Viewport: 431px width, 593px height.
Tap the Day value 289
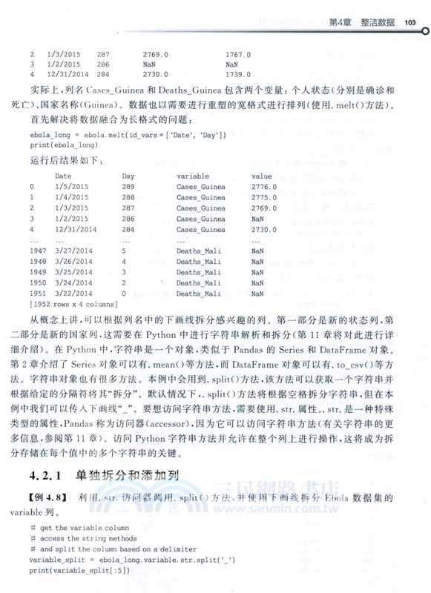click(129, 188)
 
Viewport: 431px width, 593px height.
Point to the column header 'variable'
click(193, 176)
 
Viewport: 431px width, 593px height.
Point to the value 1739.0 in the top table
click(238, 75)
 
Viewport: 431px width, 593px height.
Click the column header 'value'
click(262, 176)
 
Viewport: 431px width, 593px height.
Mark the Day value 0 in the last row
click(125, 294)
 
